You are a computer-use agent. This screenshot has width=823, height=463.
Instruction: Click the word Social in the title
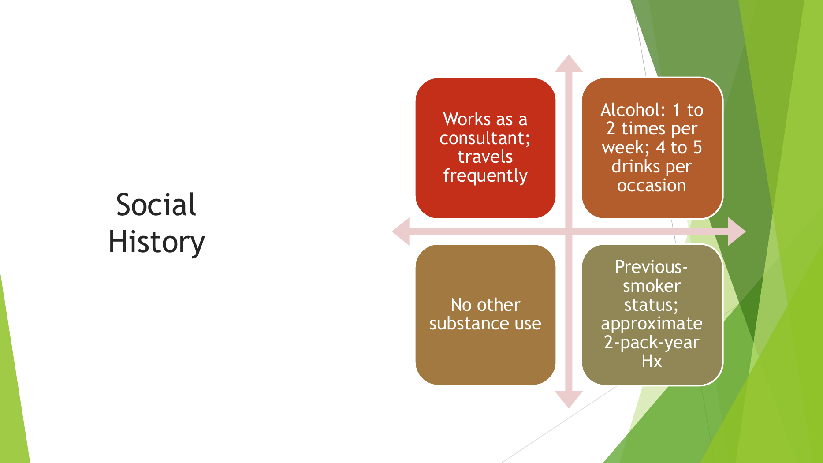[x=156, y=205]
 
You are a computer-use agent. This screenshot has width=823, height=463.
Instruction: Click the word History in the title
[x=156, y=242]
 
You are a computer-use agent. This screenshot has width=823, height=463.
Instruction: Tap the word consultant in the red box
[x=484, y=138]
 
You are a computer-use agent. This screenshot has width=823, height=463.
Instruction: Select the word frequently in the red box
[x=485, y=176]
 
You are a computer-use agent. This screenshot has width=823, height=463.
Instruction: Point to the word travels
[x=485, y=157]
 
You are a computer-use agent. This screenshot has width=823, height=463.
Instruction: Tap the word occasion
[x=652, y=186]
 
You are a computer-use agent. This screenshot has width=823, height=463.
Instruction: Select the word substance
[x=469, y=324]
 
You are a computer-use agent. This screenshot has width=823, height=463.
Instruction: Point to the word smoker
[x=652, y=286]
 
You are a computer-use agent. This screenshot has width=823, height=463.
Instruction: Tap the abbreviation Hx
[x=652, y=362]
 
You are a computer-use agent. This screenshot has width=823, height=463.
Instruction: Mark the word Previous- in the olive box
[x=652, y=267]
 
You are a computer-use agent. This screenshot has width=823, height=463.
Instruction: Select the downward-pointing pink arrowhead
[x=569, y=400]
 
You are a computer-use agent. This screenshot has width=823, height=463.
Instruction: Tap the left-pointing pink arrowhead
[x=401, y=231]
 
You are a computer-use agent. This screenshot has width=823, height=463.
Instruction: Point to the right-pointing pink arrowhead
[x=737, y=231]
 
